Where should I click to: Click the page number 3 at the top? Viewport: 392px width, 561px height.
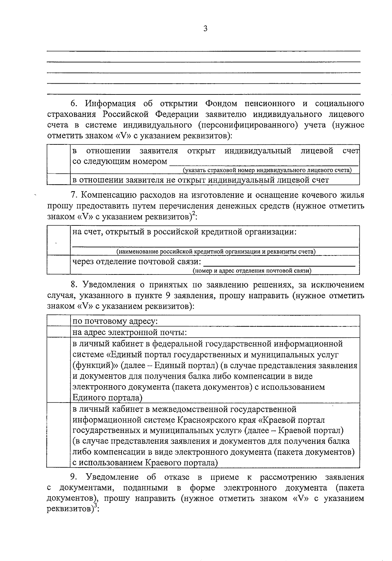[x=205, y=29]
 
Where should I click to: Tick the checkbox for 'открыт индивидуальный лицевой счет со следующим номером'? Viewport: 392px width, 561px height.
[x=58, y=159]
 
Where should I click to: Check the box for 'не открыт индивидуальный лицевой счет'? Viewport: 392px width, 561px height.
[x=58, y=179]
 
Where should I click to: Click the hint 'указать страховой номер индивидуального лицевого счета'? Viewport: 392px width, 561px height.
[x=267, y=170]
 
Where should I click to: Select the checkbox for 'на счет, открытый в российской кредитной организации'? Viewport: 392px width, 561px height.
[x=58, y=240]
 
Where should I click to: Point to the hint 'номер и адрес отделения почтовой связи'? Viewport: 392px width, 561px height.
[x=252, y=271]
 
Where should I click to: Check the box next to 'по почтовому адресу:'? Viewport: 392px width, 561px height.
[x=58, y=321]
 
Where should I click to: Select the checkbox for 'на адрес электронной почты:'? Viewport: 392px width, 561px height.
[x=58, y=332]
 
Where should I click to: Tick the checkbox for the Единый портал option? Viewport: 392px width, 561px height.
[x=58, y=370]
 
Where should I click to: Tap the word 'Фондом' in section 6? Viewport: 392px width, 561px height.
[x=221, y=104]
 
